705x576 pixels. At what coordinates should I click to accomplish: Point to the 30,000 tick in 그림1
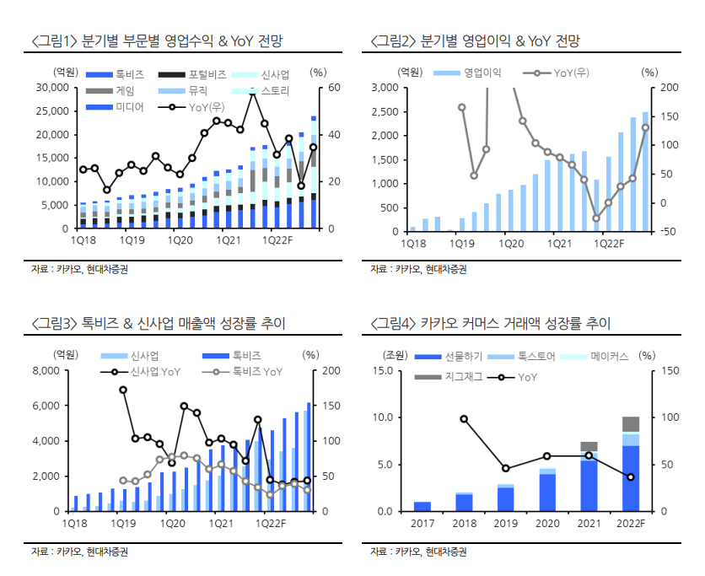pos(53,88)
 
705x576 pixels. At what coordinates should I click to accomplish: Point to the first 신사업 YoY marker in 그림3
pos(123,390)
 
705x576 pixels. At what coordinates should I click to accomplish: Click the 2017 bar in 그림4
pos(422,506)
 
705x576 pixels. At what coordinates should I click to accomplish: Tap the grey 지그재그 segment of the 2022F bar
pos(631,423)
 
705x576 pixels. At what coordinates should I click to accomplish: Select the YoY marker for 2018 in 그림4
pos(464,419)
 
